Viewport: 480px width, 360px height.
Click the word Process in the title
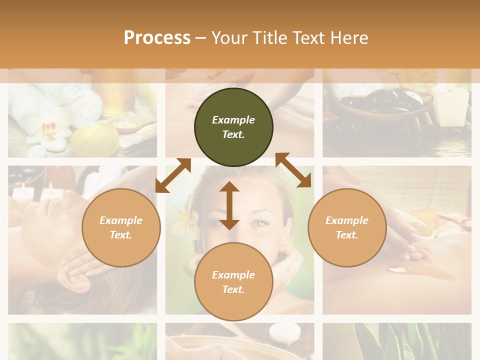point(157,37)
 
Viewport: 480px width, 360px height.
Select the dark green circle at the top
point(233,127)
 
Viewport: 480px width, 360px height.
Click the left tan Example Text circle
point(121,227)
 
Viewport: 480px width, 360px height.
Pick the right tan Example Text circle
point(347,227)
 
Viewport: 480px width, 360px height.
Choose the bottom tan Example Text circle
point(233,282)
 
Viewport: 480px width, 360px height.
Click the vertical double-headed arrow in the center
point(229,205)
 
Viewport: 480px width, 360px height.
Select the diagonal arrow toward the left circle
point(173,175)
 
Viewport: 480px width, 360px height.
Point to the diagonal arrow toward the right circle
point(293,170)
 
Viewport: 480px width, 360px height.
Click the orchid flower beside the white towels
point(49,130)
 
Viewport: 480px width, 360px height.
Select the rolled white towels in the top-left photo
point(37,102)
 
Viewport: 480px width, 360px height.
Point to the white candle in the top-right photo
point(452,105)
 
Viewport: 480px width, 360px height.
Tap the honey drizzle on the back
point(420,272)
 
